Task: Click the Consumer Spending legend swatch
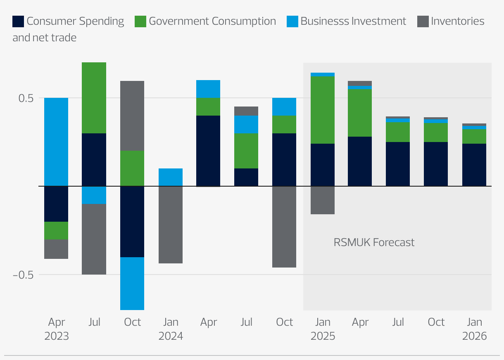point(18,21)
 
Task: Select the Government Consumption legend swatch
point(140,21)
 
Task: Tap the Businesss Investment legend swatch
point(292,21)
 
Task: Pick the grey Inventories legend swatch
point(423,21)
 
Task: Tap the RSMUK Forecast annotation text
point(374,242)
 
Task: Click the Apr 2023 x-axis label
point(57,329)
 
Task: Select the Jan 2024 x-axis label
point(171,329)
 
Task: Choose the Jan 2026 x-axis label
point(474,329)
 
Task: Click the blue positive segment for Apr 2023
point(56,142)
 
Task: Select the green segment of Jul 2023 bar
point(94,98)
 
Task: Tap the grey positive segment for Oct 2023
point(132,116)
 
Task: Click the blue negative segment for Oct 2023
point(132,283)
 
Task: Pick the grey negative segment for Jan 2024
point(171,225)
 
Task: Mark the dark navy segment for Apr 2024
point(208,151)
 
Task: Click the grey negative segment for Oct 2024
point(284,227)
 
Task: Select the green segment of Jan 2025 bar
point(323,110)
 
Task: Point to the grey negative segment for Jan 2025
point(323,200)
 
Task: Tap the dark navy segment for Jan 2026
point(474,165)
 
